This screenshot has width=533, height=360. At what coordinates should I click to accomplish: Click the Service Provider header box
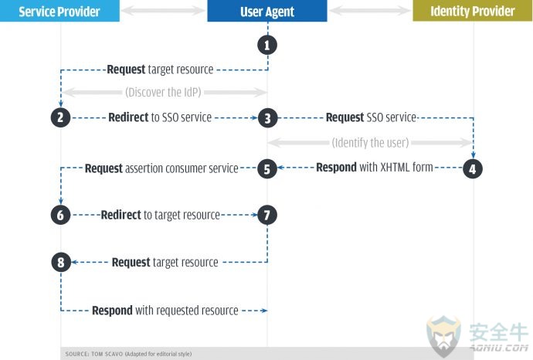[59, 11]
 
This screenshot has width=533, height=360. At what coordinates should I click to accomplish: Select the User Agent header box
[267, 11]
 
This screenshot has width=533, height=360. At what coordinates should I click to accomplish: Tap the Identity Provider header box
[473, 11]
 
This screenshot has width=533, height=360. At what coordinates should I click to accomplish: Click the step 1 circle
[267, 46]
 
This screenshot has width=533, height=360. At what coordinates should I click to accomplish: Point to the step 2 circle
[60, 117]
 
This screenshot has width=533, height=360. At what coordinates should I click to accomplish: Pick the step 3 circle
[267, 118]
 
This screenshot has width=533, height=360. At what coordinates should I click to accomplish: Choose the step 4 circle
[473, 168]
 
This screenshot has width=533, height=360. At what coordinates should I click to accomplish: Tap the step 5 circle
[267, 168]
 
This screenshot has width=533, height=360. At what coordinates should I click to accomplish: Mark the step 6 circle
[60, 215]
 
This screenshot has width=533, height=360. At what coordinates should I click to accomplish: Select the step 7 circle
[267, 215]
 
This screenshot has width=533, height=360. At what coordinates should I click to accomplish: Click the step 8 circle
[61, 263]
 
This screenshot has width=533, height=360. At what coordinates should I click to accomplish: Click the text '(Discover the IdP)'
[163, 92]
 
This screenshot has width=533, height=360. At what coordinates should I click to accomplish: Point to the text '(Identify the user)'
[370, 142]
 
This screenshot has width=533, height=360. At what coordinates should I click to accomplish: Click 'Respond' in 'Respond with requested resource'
[112, 311]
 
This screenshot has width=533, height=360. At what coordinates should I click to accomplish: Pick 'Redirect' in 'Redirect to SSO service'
[128, 117]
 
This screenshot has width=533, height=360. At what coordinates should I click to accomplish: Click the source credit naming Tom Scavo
[128, 354]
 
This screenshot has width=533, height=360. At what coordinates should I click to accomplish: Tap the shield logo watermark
[443, 335]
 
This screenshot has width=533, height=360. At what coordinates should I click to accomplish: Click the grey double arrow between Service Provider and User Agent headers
[163, 11]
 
